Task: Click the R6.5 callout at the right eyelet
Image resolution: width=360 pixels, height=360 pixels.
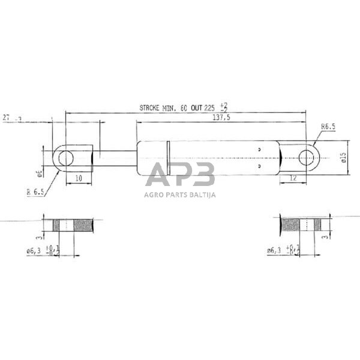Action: point(327,127)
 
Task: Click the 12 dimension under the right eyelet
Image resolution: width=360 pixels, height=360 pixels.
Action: point(293,179)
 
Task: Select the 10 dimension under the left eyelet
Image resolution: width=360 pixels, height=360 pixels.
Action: point(78,179)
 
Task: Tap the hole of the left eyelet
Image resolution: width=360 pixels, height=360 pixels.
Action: point(65,158)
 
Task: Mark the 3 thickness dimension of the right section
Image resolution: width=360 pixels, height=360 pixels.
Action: point(325,238)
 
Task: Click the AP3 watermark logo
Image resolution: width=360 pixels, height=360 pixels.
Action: point(180,176)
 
